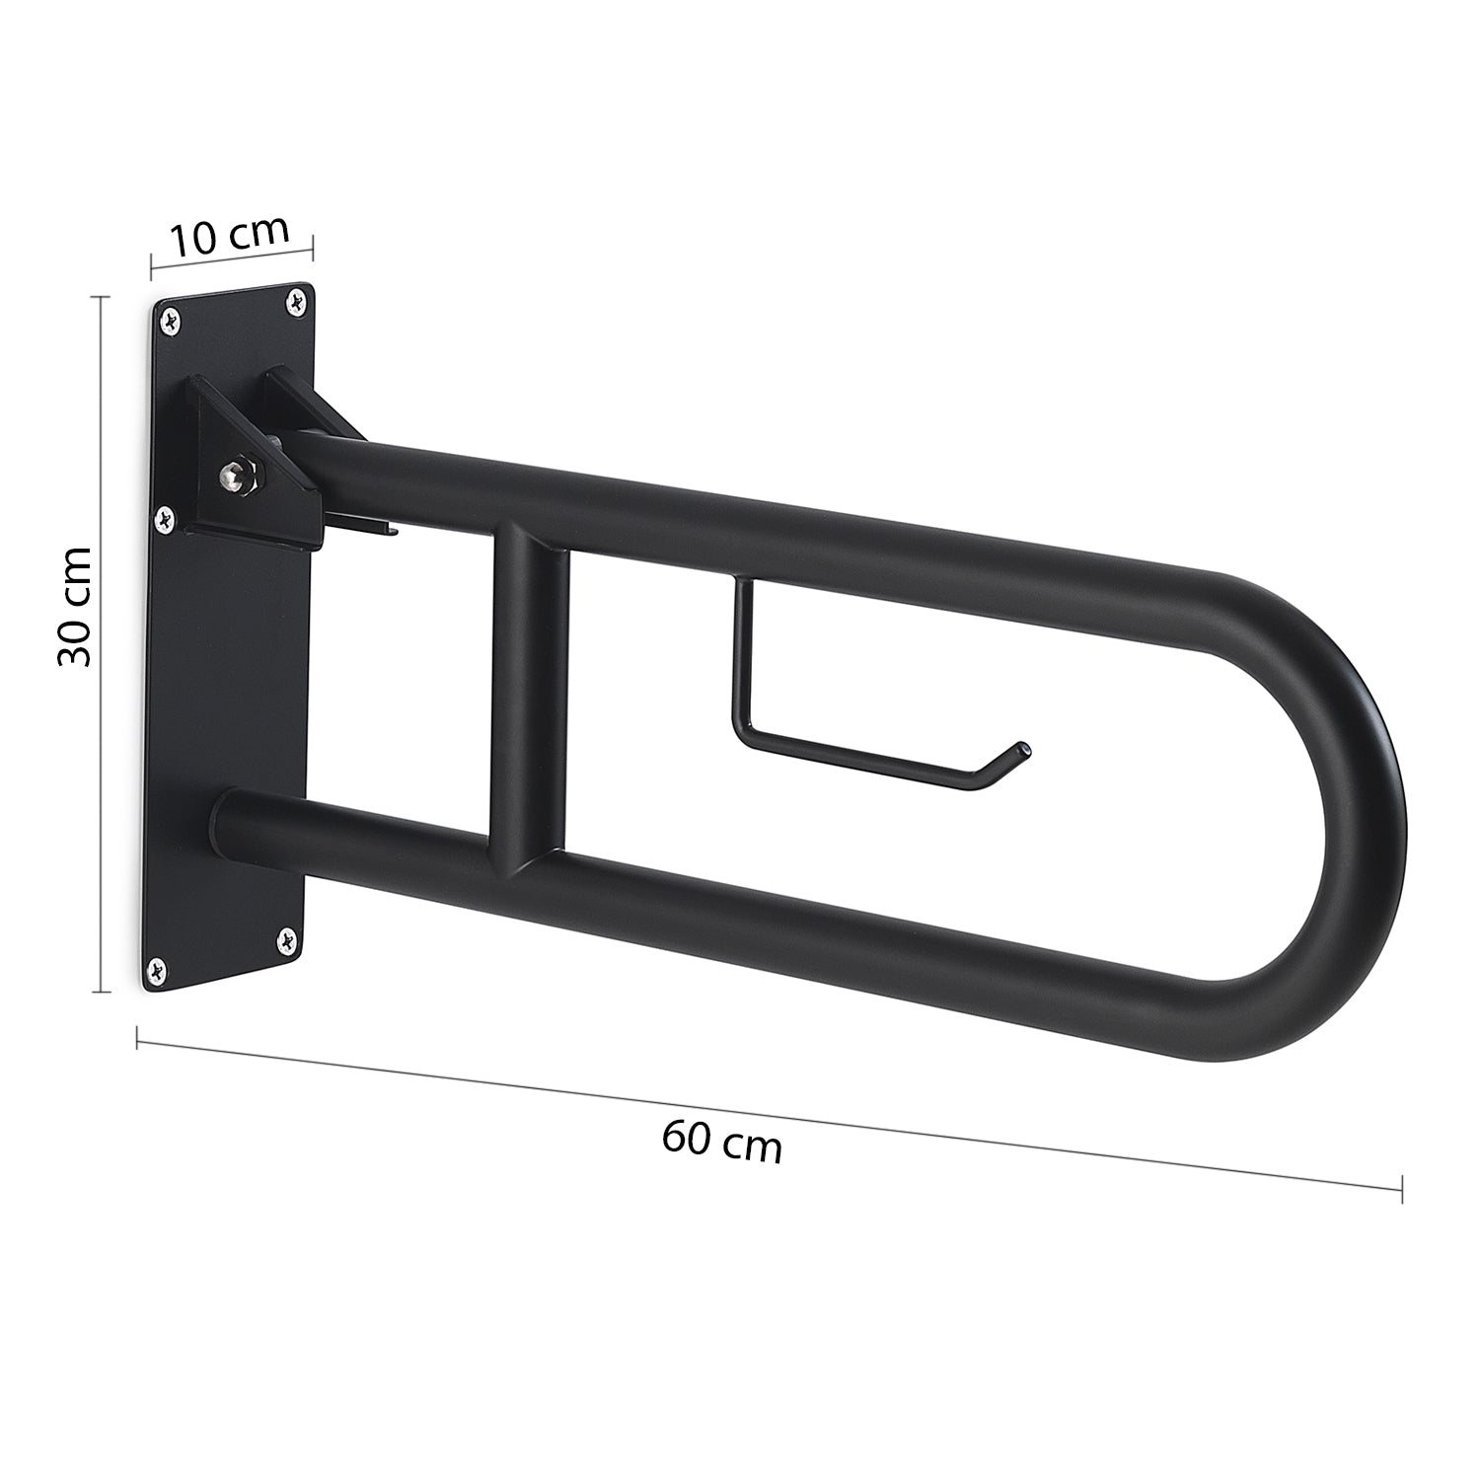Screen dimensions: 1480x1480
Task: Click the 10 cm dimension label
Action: click(x=230, y=238)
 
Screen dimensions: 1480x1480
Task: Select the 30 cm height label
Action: click(x=75, y=606)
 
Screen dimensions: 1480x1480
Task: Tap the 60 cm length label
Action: click(x=722, y=1142)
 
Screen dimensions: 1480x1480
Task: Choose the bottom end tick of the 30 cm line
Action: click(x=101, y=990)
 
